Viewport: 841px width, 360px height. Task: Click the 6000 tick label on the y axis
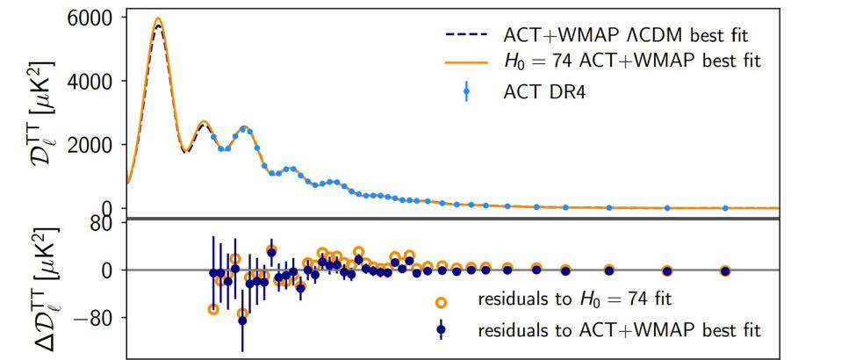(92, 18)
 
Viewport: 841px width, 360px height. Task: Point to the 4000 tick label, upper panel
(92, 81)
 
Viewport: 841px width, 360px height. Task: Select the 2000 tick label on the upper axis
(92, 144)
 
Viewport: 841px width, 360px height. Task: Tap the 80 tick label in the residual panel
(104, 223)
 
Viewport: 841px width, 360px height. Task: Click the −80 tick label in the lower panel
(94, 317)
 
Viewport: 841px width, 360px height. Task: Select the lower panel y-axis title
(38, 288)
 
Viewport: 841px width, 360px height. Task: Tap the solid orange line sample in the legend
(464, 63)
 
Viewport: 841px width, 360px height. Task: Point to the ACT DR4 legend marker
(465, 90)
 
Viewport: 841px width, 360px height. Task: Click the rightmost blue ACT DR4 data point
(724, 208)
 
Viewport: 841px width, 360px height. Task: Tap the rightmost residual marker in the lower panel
(724, 270)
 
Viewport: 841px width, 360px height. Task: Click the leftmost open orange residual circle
(213, 309)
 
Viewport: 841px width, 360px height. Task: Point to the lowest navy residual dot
(242, 320)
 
